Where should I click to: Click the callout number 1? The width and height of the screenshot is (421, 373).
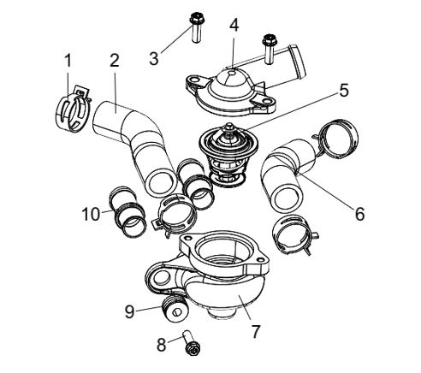(68, 61)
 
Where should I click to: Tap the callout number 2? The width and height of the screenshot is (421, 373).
(115, 60)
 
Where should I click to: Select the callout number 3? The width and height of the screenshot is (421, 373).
(154, 58)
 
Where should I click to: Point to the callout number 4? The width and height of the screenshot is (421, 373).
(234, 25)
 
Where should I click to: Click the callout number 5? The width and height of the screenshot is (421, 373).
(344, 91)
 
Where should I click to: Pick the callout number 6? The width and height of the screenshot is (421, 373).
(360, 214)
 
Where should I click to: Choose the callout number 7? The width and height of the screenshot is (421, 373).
(255, 331)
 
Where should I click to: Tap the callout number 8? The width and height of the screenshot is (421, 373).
(161, 345)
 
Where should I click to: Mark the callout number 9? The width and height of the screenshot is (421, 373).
(129, 311)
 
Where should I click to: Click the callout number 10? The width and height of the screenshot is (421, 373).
(91, 214)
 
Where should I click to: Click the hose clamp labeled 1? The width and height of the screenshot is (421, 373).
(72, 110)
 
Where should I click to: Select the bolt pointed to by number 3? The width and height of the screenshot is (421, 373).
(196, 27)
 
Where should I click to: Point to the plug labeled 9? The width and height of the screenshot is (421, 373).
(175, 309)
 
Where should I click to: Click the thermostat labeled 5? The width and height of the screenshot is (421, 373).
(227, 154)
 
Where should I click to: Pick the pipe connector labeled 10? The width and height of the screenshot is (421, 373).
(127, 212)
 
